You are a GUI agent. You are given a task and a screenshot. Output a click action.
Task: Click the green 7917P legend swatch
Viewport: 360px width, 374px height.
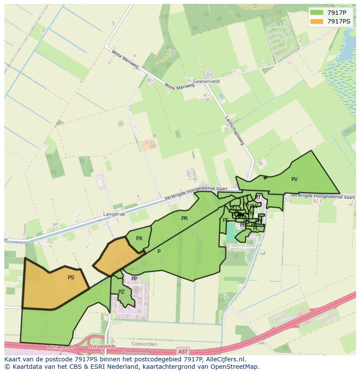(318, 13)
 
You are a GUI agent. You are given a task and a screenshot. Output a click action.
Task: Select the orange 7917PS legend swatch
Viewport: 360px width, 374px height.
(318, 21)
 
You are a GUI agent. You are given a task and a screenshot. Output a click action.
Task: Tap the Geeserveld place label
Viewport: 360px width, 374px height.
(207, 81)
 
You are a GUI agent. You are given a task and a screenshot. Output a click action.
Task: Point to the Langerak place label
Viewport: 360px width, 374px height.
(114, 214)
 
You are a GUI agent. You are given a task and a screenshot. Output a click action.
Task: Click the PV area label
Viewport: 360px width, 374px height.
(294, 179)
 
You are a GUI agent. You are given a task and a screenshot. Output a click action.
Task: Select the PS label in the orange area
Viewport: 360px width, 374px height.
(71, 277)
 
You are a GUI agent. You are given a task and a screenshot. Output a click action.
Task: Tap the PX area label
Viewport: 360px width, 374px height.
(139, 238)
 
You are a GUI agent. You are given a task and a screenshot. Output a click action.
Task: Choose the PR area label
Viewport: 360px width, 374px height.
(184, 218)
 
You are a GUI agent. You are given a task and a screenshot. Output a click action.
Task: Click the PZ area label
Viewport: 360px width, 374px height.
(121, 292)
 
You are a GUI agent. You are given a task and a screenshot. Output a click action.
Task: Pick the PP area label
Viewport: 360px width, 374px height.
(134, 278)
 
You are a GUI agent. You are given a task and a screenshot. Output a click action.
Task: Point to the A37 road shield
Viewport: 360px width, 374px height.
(183, 351)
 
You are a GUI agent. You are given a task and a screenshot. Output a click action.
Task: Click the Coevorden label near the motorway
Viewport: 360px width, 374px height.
(144, 344)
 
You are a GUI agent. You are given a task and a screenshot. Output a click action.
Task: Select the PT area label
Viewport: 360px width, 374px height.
(257, 197)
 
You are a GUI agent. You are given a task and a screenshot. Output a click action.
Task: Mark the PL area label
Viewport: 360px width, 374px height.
(256, 228)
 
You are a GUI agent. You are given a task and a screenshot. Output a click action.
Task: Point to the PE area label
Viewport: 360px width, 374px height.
(226, 220)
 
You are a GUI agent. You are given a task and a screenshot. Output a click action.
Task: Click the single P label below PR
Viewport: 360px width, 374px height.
(159, 251)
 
